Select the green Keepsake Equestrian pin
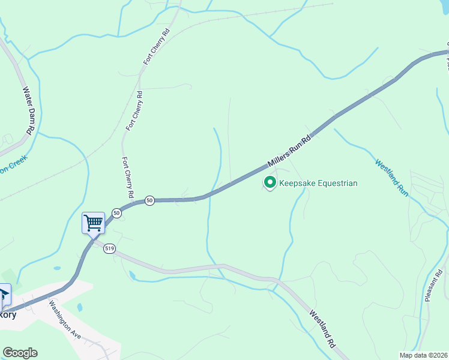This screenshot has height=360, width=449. pos(270,183)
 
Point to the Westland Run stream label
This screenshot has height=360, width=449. pos(392,178)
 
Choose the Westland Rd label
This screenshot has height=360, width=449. pos(322,329)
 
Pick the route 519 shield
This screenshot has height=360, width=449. pos(109,248)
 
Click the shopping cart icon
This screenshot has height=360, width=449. pos(93,223)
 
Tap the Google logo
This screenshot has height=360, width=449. pos(20,353)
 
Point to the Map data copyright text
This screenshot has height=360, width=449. pos(424,355)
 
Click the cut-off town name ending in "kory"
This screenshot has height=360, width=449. pos(8,315)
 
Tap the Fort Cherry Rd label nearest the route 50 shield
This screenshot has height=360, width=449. pos(127,178)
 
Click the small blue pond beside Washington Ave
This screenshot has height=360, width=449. pos(80,308)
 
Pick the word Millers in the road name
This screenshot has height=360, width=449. pos(279,160)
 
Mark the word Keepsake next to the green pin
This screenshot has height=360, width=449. pos(298,183)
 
